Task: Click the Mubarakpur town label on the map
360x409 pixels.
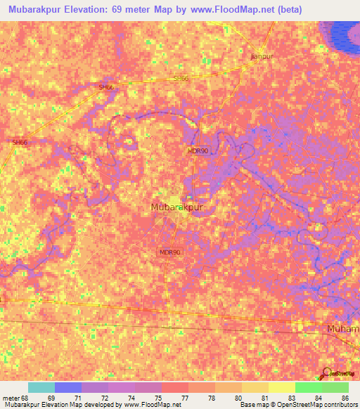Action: (x=177, y=207)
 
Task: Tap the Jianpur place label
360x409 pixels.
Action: (x=262, y=56)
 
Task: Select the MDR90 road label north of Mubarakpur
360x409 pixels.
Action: (x=198, y=150)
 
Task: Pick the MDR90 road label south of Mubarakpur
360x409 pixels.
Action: (x=170, y=252)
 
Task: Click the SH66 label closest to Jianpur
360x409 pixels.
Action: (x=181, y=78)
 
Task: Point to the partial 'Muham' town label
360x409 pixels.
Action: (x=343, y=329)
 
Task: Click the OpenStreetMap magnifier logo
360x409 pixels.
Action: (x=327, y=372)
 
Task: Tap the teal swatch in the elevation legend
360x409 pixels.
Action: (x=41, y=387)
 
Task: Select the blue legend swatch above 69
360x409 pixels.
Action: (x=68, y=387)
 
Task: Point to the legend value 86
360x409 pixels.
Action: (x=345, y=398)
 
